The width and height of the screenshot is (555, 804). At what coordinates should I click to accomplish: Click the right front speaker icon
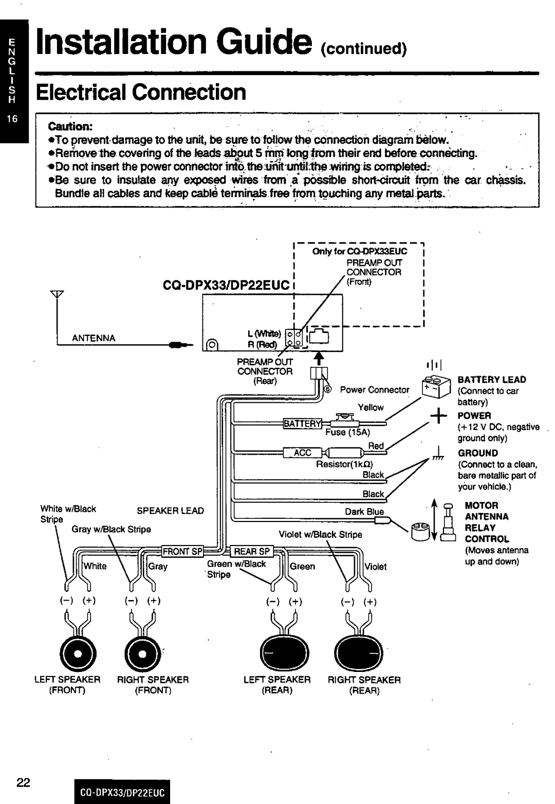point(144,653)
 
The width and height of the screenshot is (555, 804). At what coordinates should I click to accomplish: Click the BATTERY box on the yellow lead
point(301,423)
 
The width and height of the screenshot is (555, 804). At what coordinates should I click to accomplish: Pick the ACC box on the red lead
point(302,453)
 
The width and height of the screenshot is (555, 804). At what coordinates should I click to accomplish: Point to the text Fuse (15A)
point(344,433)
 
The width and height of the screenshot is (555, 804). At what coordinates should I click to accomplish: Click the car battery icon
point(434,387)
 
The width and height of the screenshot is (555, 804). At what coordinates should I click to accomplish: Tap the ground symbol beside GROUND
point(437,452)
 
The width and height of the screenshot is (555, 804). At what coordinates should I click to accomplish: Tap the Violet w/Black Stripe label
point(320,534)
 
